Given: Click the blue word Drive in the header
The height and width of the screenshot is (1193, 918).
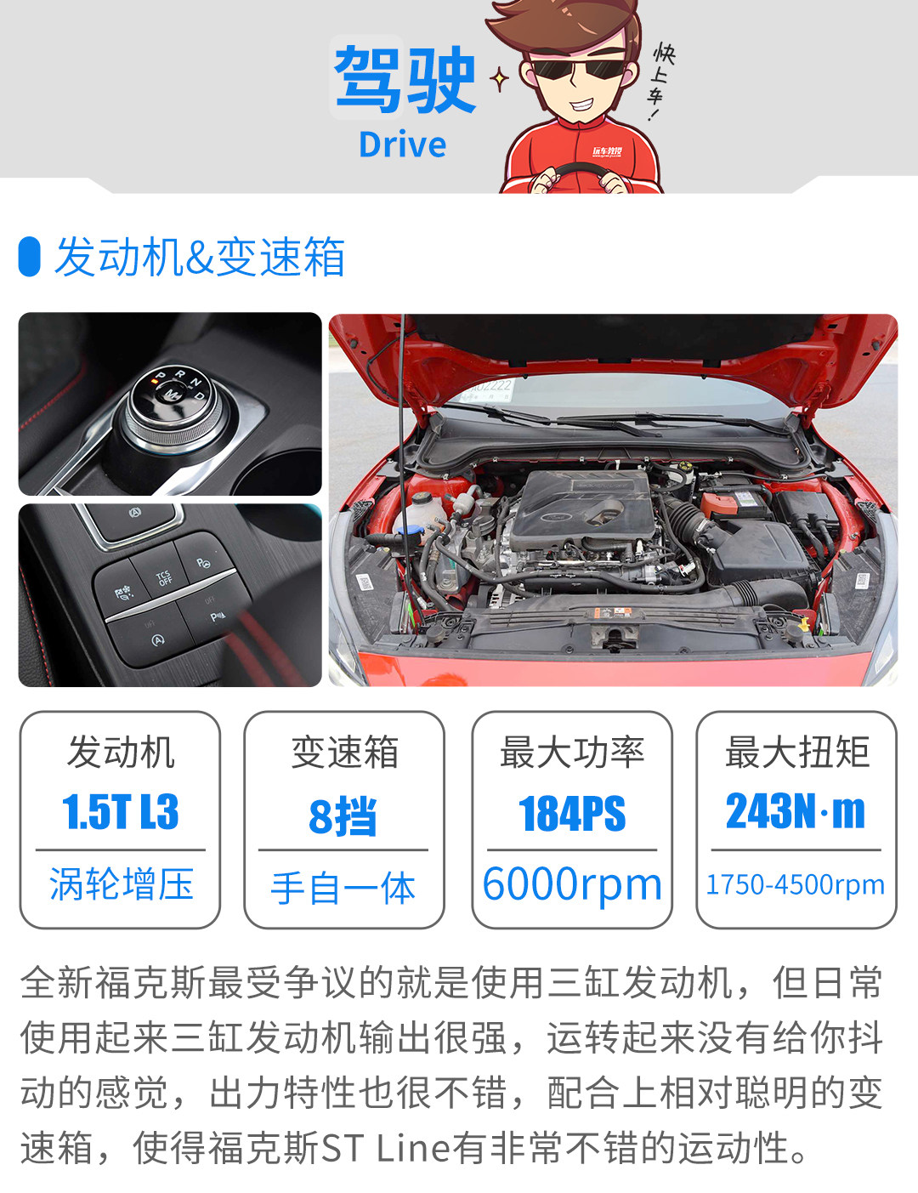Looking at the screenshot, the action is (402, 145).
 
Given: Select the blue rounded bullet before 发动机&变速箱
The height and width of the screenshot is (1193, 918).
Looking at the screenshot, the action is (29, 257).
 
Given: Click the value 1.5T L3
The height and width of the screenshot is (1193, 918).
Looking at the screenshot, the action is (120, 810).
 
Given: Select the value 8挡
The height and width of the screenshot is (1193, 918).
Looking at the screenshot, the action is (343, 815).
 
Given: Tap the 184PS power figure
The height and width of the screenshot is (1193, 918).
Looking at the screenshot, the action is (572, 813).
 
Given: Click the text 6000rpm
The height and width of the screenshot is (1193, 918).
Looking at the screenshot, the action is (572, 884).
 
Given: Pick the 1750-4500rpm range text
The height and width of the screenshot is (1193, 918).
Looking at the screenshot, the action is (795, 883).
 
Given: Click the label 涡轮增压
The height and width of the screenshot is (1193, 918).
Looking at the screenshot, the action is (122, 883).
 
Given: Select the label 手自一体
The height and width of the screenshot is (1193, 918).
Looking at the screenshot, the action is (343, 888).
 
